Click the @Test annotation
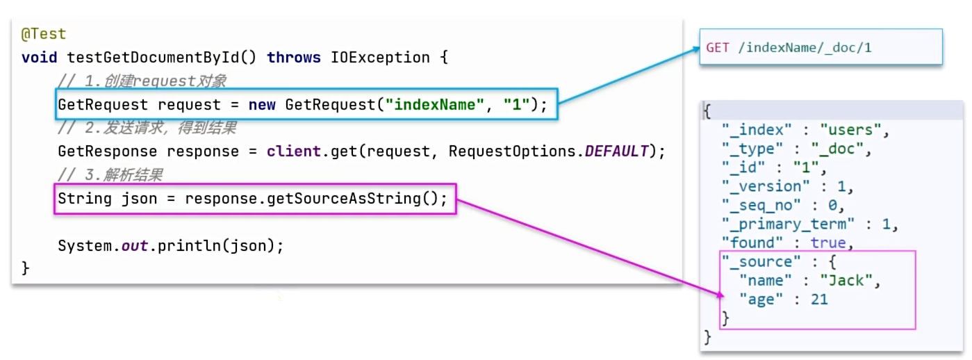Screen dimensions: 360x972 point(44,33)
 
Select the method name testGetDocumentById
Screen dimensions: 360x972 point(156,57)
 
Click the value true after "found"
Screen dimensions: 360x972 point(827,243)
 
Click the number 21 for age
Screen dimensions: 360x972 point(818,300)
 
